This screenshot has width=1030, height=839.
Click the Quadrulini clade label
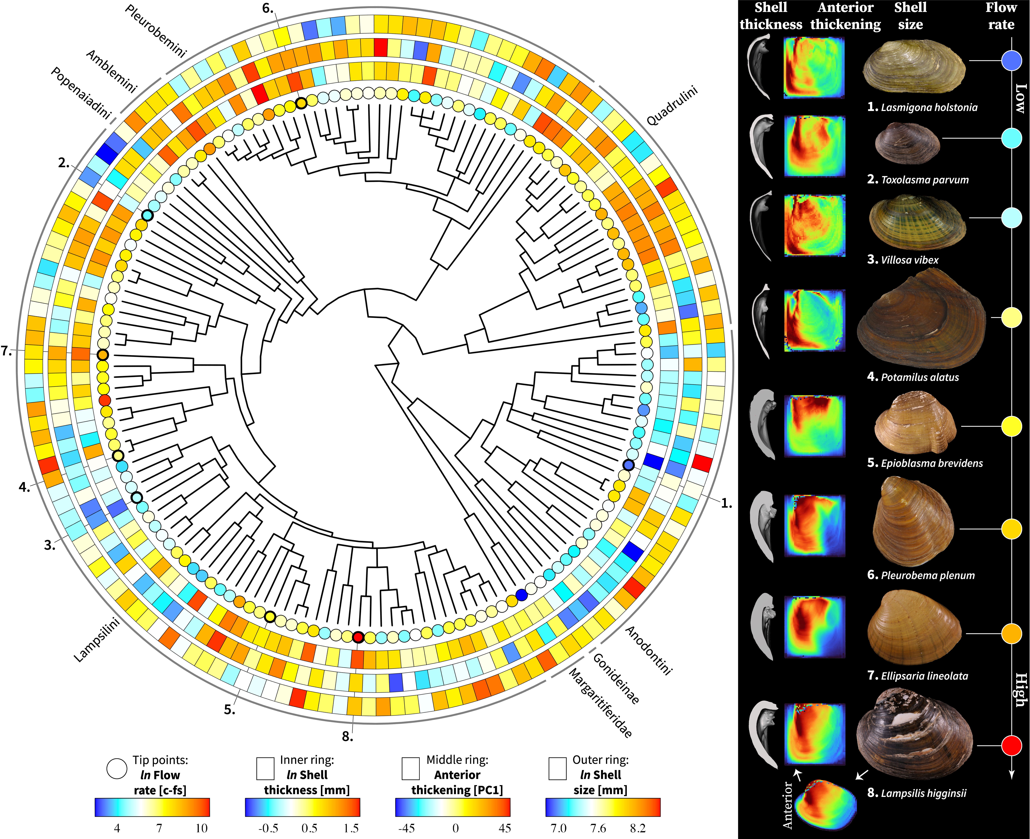(672, 106)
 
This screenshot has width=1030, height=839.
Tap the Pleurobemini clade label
(155, 31)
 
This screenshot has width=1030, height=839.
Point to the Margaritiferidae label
(600, 703)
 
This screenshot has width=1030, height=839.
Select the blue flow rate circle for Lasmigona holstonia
(1011, 61)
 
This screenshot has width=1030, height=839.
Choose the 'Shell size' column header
(910, 16)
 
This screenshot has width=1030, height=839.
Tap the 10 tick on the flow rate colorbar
(201, 828)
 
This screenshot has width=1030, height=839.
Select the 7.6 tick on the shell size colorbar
(598, 828)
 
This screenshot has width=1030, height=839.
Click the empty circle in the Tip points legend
(117, 768)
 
